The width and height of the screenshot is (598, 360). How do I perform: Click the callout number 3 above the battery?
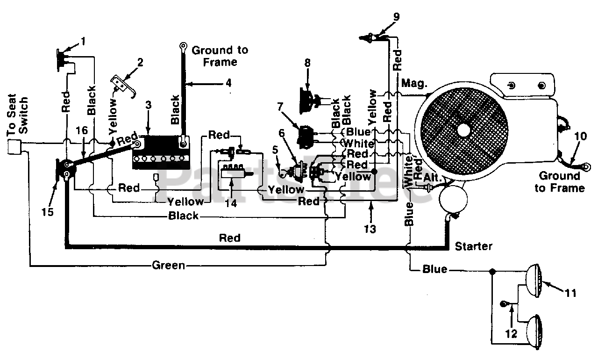tap(149, 105)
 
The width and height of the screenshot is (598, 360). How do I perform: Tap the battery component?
tap(161, 152)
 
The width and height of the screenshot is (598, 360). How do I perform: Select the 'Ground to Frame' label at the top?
tap(220, 56)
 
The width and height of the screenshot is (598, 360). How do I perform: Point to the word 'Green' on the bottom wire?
tap(169, 265)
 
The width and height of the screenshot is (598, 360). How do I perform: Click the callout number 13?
tap(370, 229)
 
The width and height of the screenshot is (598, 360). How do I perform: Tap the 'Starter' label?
tap(473, 246)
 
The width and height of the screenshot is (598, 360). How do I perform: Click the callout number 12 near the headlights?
tap(511, 333)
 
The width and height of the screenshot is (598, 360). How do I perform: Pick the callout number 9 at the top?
tap(397, 16)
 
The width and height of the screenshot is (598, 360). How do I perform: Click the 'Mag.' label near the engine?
tap(414, 84)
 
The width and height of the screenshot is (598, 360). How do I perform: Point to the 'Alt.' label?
tap(433, 177)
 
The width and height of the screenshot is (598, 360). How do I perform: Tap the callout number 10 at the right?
tap(580, 136)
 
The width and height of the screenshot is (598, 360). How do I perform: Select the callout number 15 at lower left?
tap(47, 212)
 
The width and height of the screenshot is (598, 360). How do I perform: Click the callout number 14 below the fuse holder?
tap(231, 203)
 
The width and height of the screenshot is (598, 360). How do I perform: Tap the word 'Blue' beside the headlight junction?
tap(434, 269)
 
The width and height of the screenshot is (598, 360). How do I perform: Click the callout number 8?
tap(307, 63)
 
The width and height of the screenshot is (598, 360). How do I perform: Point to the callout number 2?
tap(140, 63)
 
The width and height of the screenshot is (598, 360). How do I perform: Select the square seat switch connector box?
tap(14, 147)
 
